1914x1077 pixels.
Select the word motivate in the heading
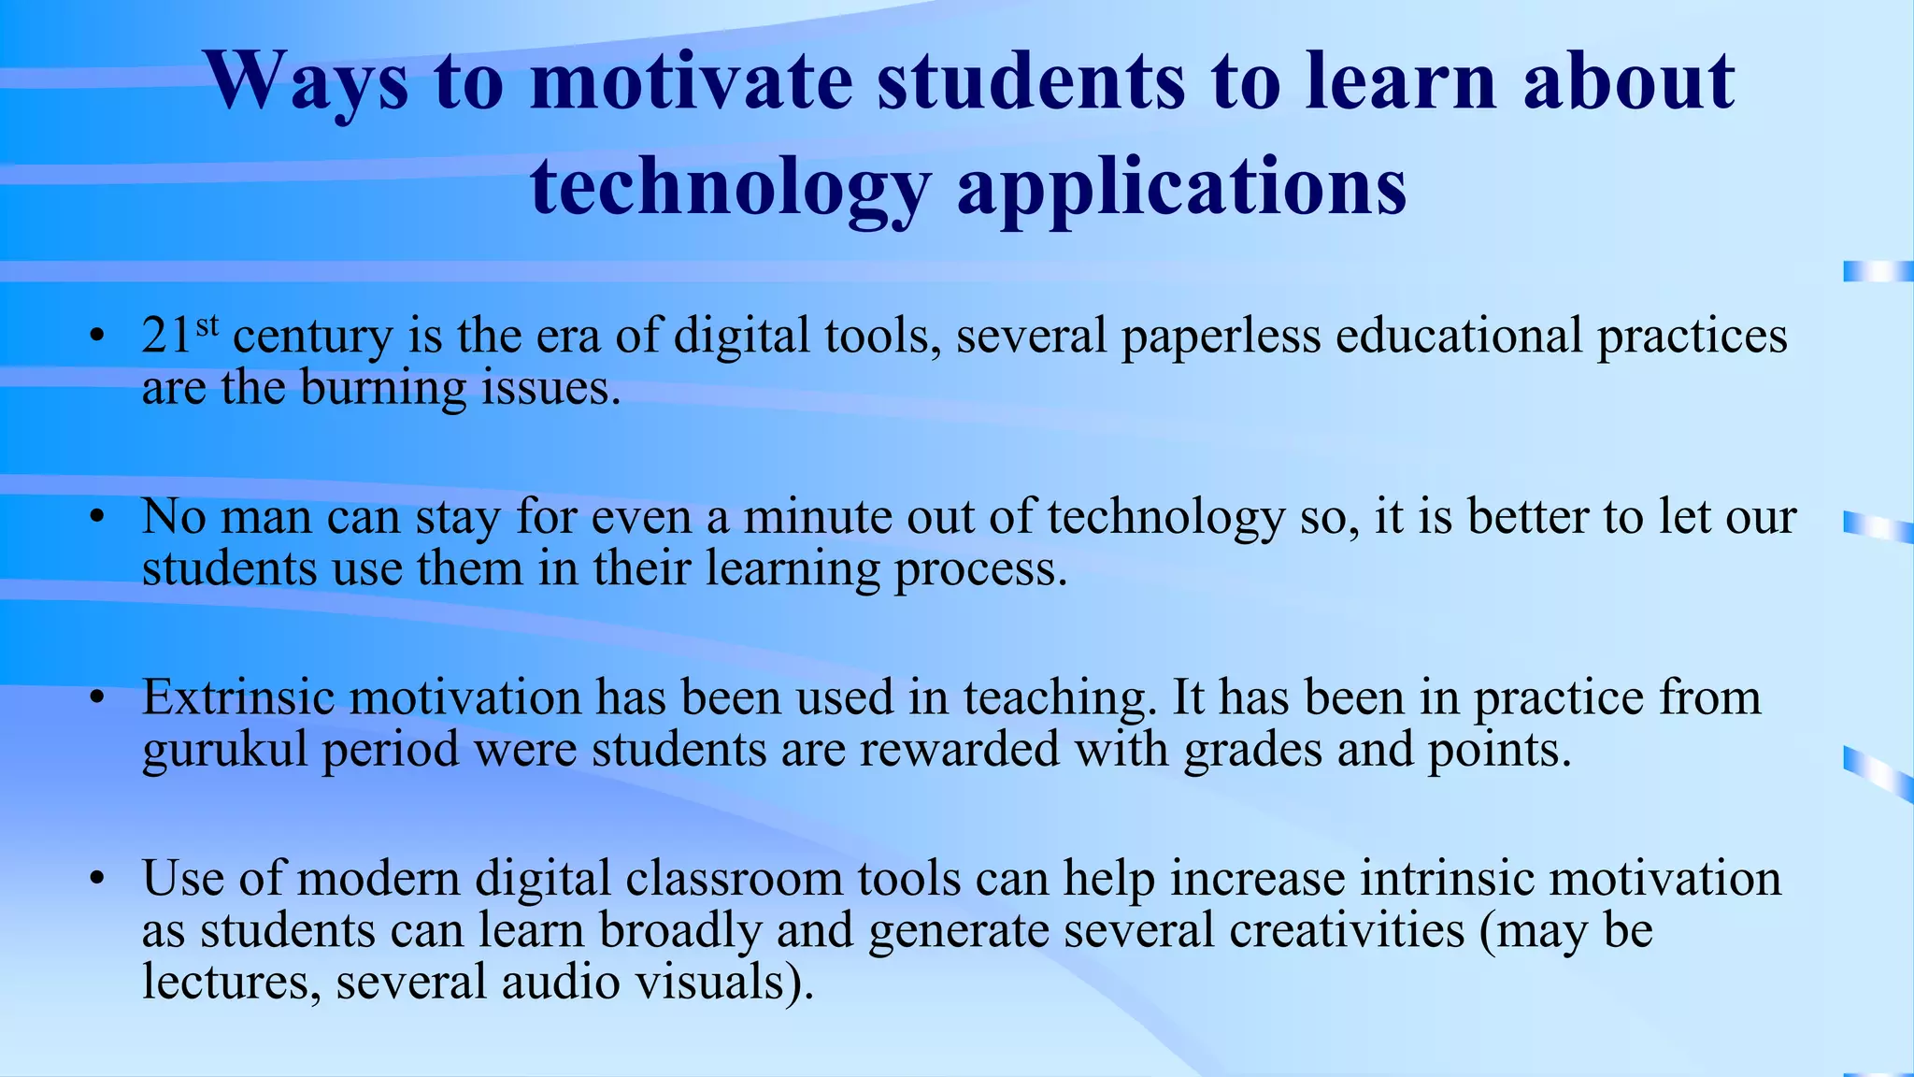(692, 82)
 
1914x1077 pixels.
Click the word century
(312, 337)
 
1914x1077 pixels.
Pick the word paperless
(1221, 337)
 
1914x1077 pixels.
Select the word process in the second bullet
(980, 569)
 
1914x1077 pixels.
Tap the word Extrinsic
(237, 698)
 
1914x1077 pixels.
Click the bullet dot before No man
(95, 518)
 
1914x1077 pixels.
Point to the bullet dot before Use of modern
(95, 880)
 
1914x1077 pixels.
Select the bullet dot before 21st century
(95, 337)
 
